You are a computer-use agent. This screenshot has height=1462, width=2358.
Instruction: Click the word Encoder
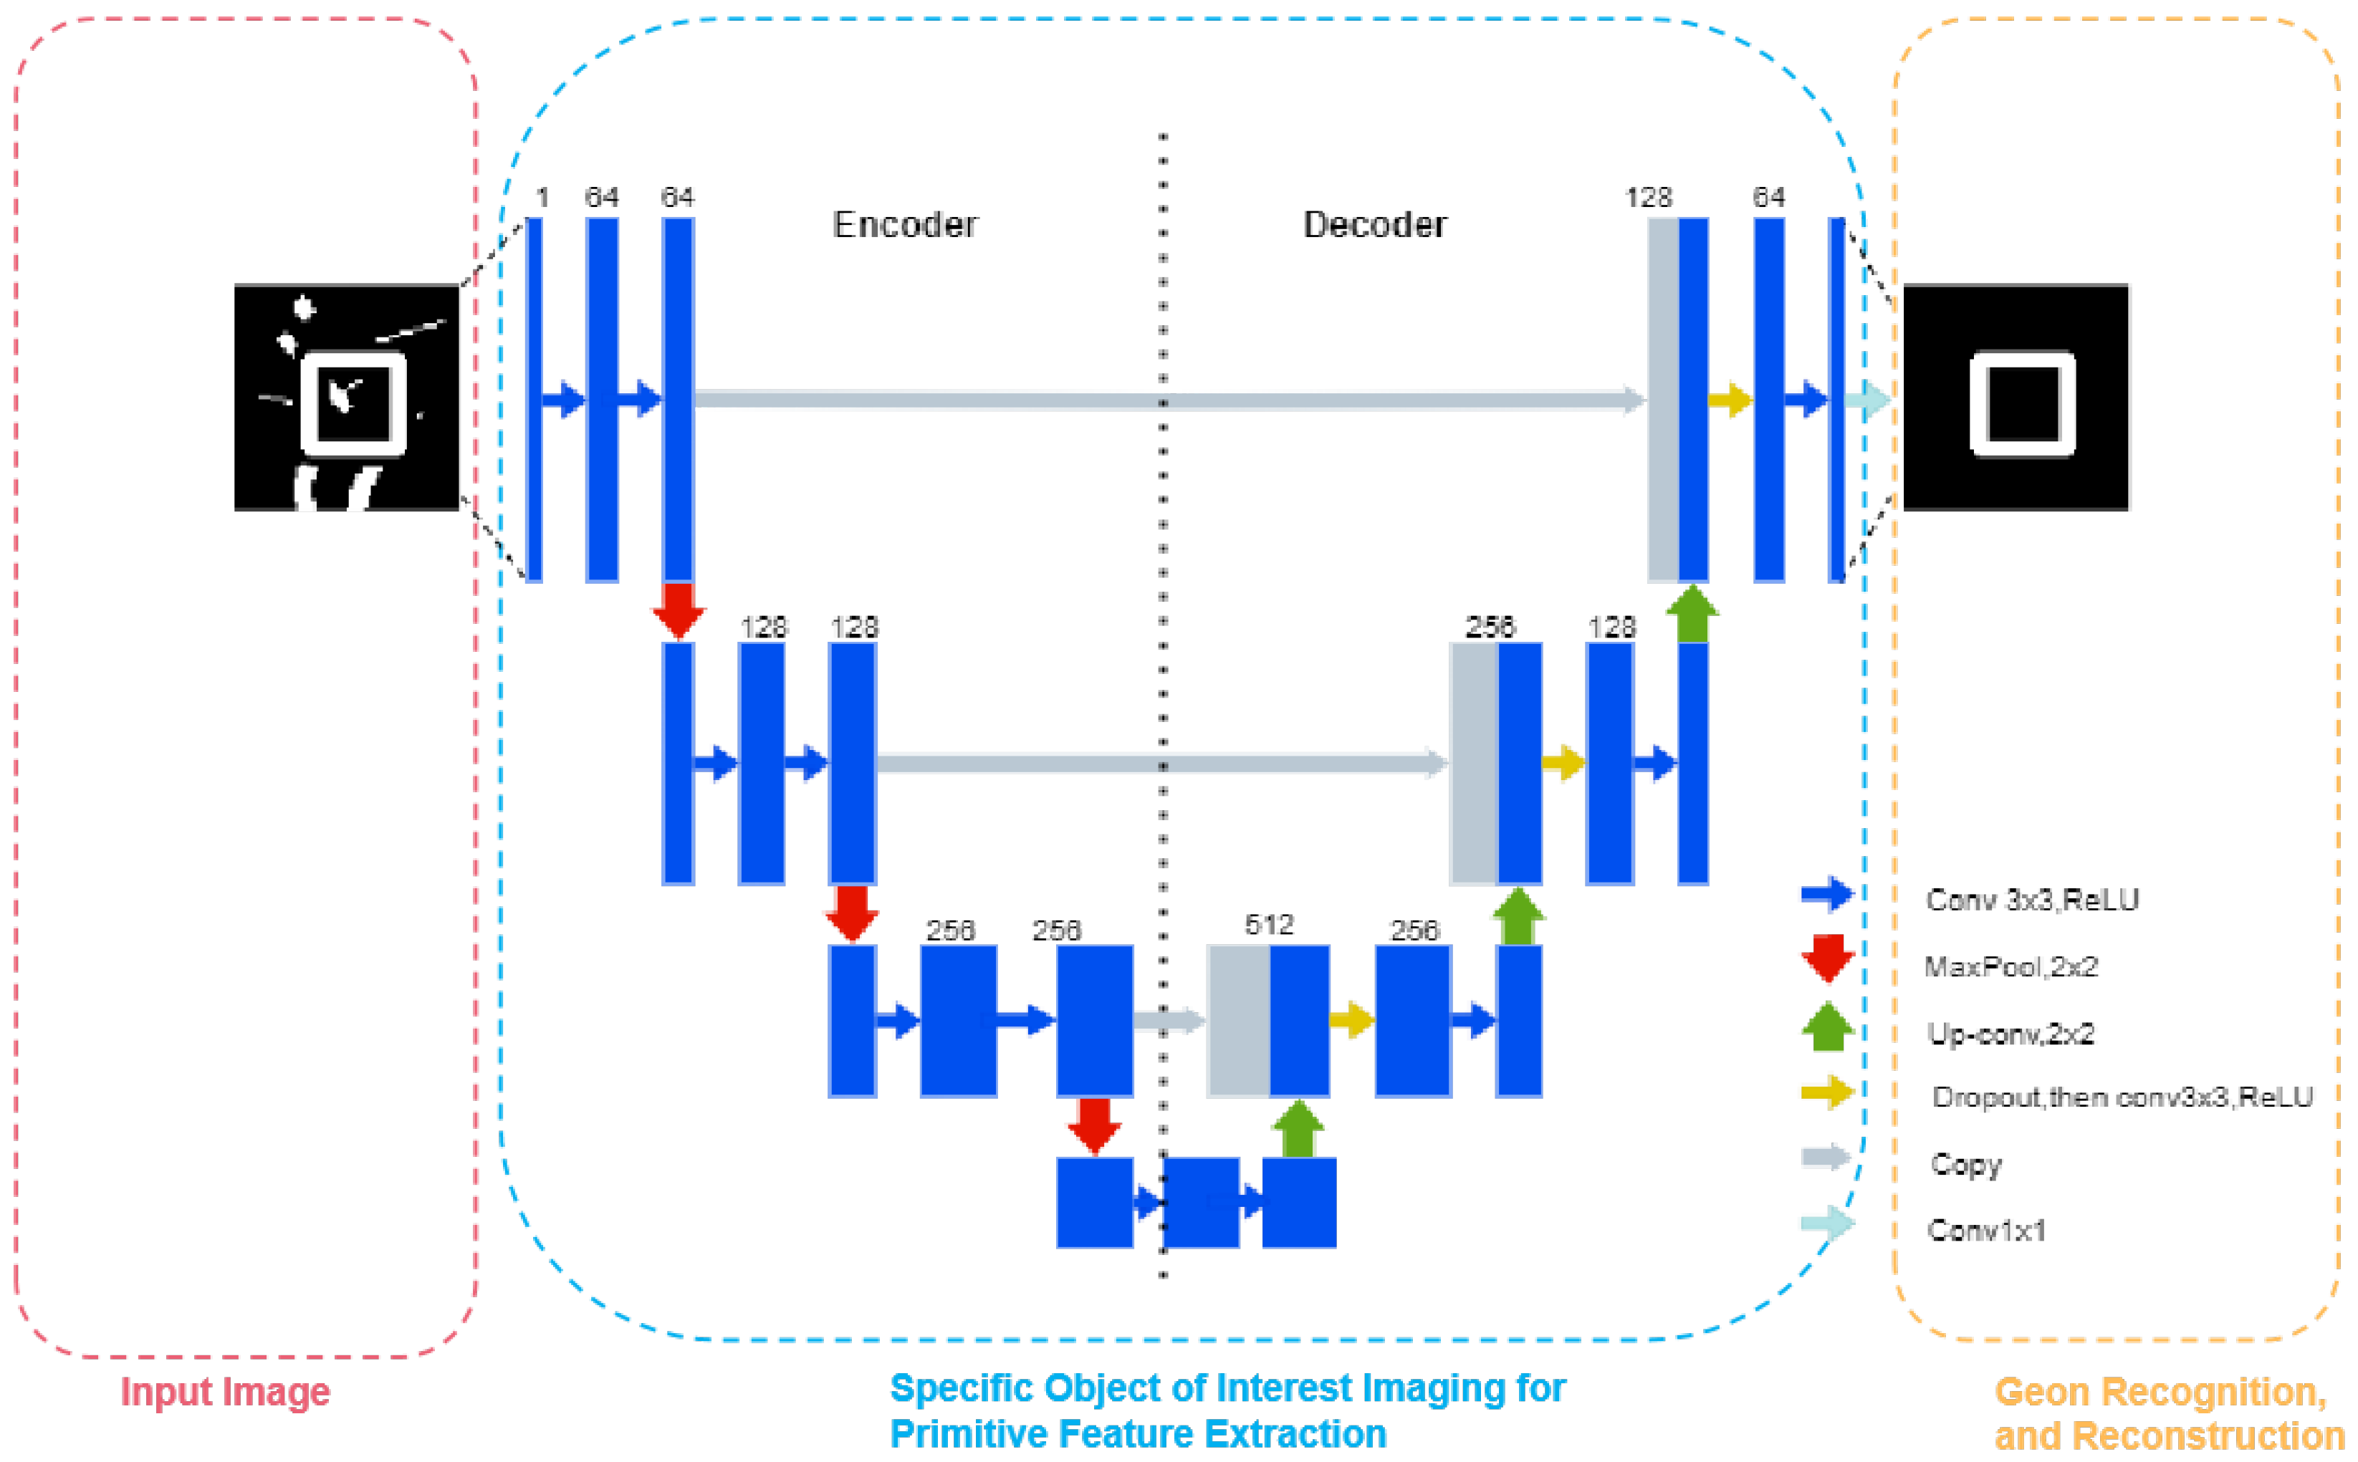pyautogui.click(x=904, y=224)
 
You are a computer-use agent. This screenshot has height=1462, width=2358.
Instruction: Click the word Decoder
pyautogui.click(x=1374, y=224)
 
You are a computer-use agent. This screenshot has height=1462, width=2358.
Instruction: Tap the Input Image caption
pyautogui.click(x=226, y=1391)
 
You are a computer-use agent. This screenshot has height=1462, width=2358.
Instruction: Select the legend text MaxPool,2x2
pyautogui.click(x=2010, y=966)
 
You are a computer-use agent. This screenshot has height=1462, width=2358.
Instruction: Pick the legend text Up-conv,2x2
pyautogui.click(x=2010, y=1034)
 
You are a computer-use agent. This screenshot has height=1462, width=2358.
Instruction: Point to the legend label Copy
pyautogui.click(x=1965, y=1163)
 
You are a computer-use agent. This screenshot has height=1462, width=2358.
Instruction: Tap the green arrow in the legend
pyautogui.click(x=1827, y=1027)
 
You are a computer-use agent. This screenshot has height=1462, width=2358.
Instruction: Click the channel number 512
pyautogui.click(x=1269, y=924)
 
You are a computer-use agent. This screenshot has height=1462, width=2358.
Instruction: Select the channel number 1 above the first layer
pyautogui.click(x=542, y=197)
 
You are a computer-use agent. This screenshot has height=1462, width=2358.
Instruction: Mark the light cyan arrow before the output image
pyautogui.click(x=1866, y=399)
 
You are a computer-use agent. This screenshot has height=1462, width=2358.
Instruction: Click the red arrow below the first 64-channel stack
pyautogui.click(x=678, y=609)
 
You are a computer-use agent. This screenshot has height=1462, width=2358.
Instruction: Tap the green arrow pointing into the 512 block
pyautogui.click(x=1298, y=1127)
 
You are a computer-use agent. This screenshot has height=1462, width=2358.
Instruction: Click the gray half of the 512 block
pyautogui.click(x=1238, y=1020)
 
